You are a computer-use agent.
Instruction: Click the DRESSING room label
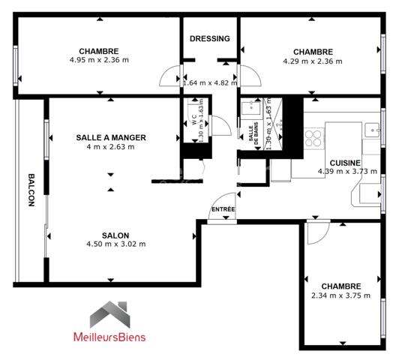click(x=209, y=38)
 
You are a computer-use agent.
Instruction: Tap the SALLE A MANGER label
click(x=110, y=137)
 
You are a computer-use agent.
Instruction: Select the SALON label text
click(x=115, y=233)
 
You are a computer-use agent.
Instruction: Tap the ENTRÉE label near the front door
click(x=223, y=209)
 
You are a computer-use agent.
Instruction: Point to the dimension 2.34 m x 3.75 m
click(x=341, y=295)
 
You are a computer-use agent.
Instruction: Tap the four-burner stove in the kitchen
click(x=313, y=136)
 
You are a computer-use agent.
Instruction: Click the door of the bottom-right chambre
click(x=316, y=233)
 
